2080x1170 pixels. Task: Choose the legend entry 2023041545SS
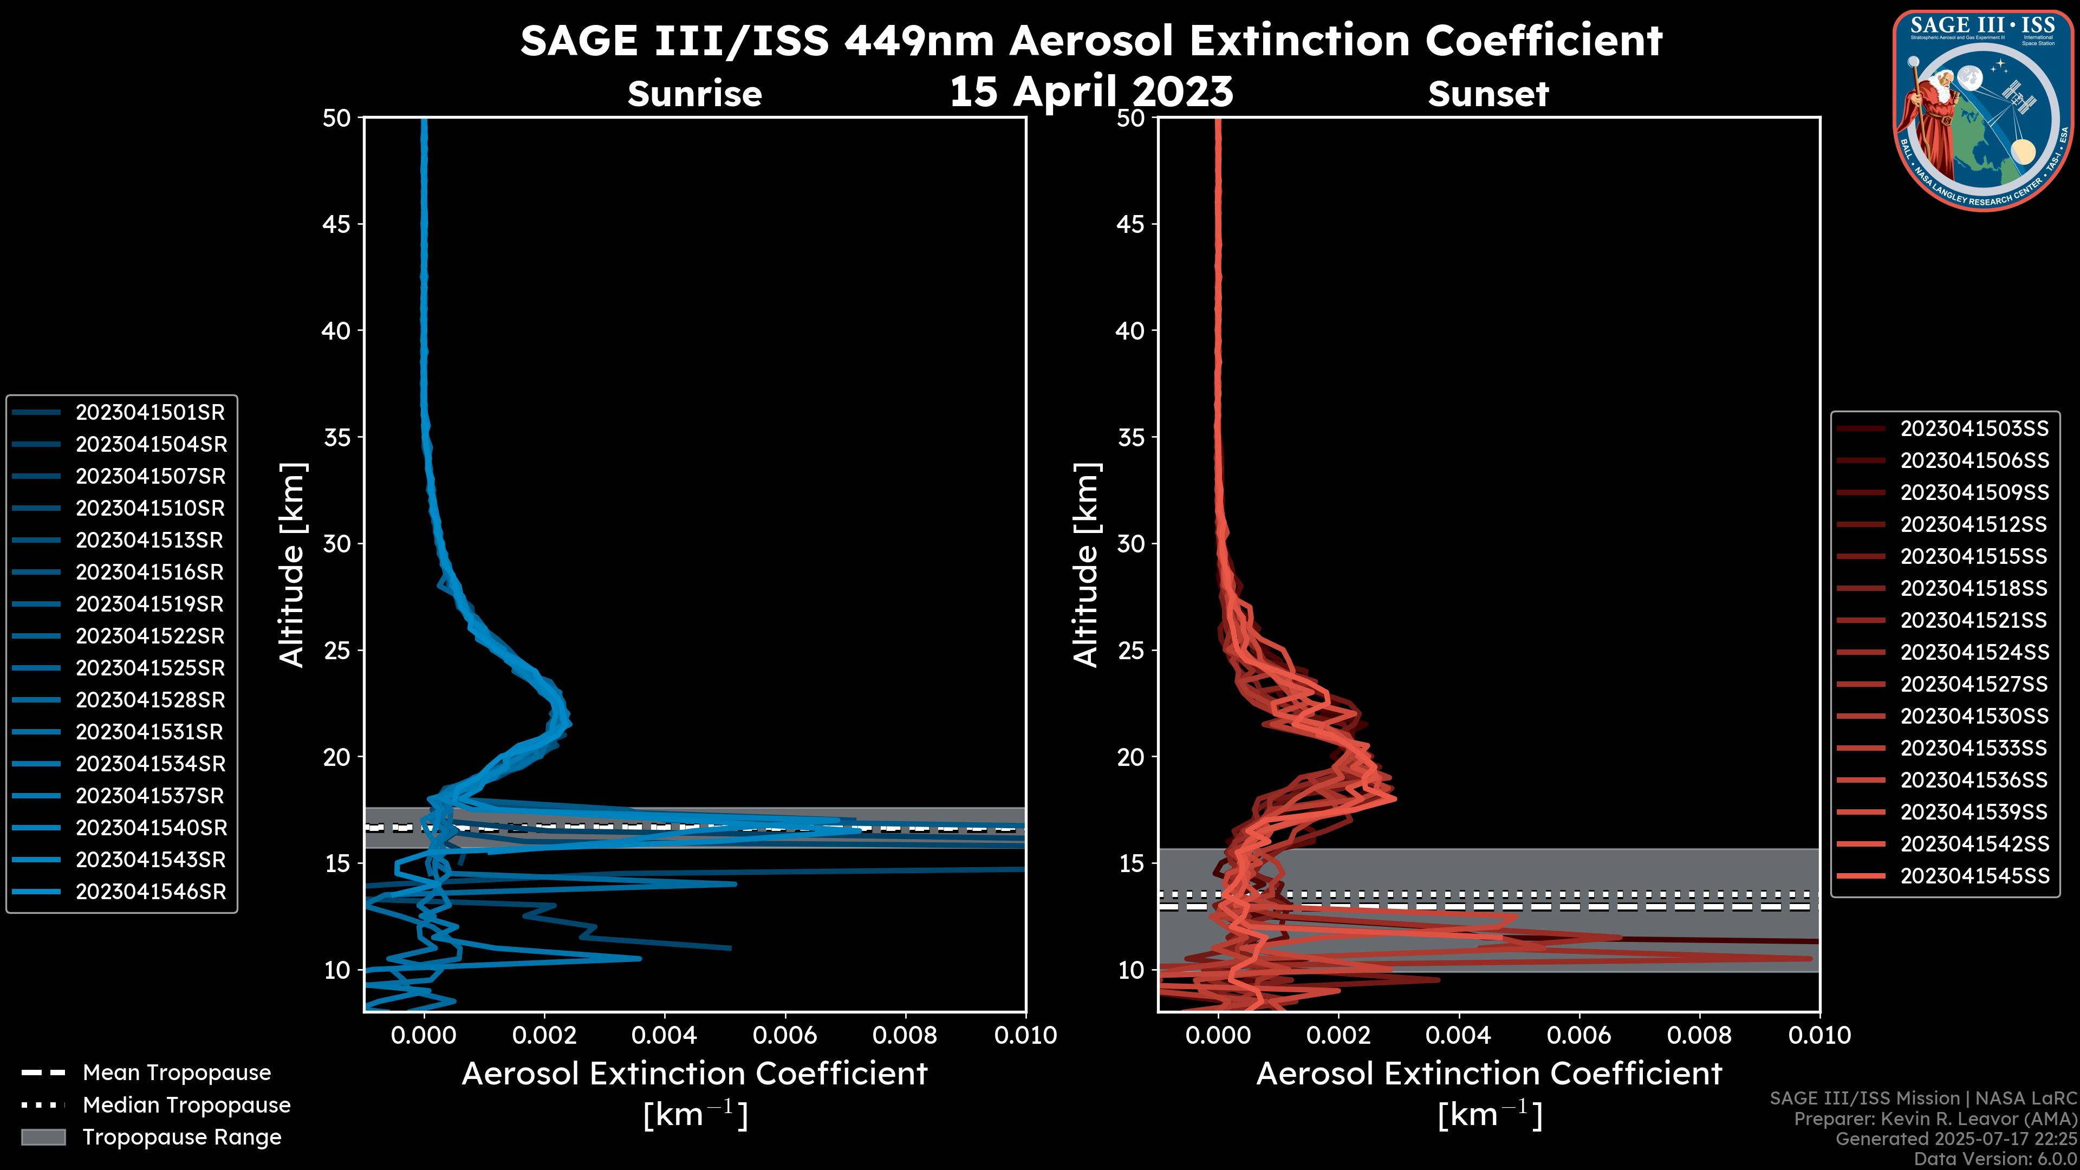[x=1974, y=876]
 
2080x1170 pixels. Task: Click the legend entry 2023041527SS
[x=1974, y=685]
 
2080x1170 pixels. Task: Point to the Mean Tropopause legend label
[x=177, y=1073]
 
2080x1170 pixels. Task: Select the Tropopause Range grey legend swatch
[x=43, y=1137]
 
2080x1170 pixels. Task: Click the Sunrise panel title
[x=694, y=94]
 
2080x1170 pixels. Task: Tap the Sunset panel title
[x=1488, y=94]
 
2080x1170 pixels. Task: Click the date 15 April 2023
[x=1091, y=91]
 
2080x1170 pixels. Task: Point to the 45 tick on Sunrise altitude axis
[x=337, y=224]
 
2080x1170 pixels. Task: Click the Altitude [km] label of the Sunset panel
[x=1087, y=565]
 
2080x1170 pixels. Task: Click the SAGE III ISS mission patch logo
[x=1983, y=110]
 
